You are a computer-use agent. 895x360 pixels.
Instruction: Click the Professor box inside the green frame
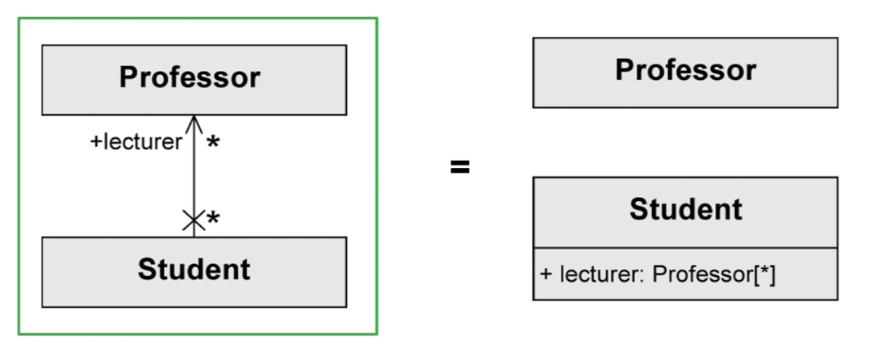pos(194,79)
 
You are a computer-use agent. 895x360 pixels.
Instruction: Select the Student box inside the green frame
pos(194,271)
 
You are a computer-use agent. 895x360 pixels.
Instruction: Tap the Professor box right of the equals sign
pos(684,72)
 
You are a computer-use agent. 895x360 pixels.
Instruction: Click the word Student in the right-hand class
pos(685,210)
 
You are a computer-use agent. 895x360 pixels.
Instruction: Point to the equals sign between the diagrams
pos(459,168)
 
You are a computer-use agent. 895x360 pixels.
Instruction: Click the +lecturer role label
pos(136,143)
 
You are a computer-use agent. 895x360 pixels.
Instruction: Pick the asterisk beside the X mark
pos(213,219)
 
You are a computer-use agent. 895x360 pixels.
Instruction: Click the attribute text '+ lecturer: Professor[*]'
pos(658,274)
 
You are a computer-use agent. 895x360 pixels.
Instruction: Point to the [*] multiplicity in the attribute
pos(763,274)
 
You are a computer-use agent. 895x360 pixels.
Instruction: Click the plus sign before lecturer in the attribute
pos(546,274)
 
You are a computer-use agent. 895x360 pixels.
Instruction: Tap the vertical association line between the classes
pos(193,174)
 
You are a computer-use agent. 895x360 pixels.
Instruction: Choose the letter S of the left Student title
pos(146,270)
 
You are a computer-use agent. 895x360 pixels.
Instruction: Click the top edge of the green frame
pos(198,19)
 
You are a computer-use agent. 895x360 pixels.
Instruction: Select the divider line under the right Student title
pos(684,249)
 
